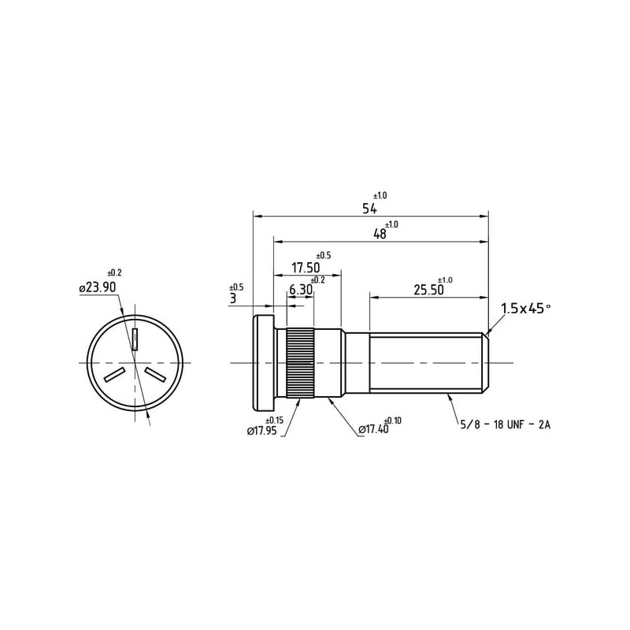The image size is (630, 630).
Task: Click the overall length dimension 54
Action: (369, 209)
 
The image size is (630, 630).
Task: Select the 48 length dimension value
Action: (380, 234)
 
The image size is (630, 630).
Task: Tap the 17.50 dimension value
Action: (306, 268)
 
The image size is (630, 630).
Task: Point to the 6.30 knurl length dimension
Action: (301, 290)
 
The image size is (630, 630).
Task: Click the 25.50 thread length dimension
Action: (428, 290)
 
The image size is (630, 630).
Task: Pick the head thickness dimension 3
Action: (232, 298)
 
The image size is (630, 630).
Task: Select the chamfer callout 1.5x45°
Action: (525, 309)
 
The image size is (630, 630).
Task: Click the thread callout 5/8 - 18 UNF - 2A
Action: (505, 424)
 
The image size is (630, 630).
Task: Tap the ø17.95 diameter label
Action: (262, 432)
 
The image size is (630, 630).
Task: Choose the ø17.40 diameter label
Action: (373, 429)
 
